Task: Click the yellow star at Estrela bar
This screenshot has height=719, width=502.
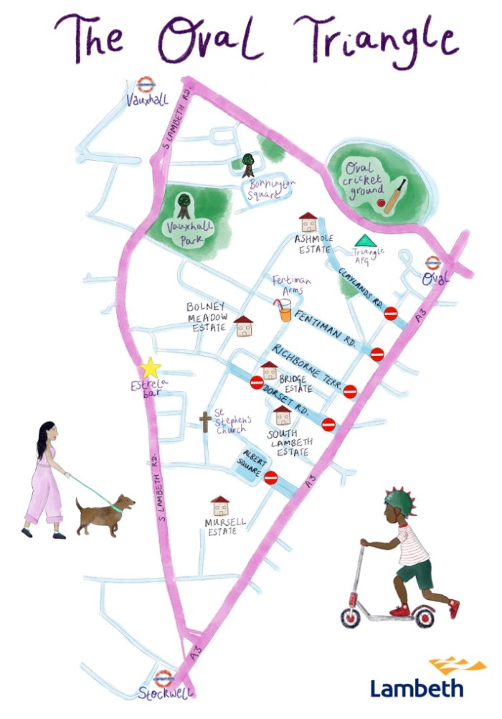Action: pyautogui.click(x=151, y=368)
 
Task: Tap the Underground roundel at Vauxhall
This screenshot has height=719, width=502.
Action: pyautogui.click(x=146, y=85)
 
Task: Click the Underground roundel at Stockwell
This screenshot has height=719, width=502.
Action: pyautogui.click(x=164, y=678)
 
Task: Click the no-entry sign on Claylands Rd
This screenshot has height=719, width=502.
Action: pyautogui.click(x=391, y=314)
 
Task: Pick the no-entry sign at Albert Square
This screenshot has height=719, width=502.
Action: pyautogui.click(x=270, y=478)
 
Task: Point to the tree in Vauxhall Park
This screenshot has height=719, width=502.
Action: pyautogui.click(x=184, y=205)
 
